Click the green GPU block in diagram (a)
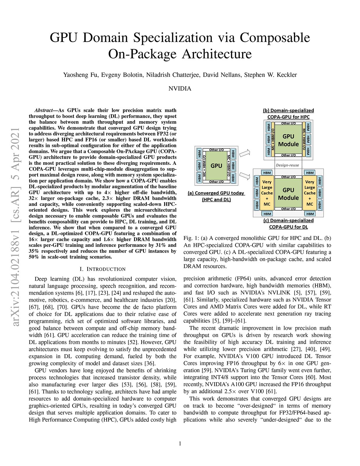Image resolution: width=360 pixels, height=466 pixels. tap(216, 166)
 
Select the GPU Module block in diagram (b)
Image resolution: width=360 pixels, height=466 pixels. tap(288, 140)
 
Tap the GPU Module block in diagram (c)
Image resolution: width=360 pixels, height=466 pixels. tap(288, 194)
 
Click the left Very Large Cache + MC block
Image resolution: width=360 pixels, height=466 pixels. tap(267, 193)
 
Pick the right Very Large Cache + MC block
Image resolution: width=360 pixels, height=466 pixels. tap(310, 193)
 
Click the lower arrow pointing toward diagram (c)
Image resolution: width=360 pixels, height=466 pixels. tap(247, 176)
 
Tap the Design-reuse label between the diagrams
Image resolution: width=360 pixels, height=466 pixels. tap(287, 165)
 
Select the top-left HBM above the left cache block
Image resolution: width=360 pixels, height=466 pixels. tap(267, 173)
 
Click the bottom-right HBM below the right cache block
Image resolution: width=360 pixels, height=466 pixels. tap(310, 214)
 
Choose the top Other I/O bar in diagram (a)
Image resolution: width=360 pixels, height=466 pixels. tap(216, 150)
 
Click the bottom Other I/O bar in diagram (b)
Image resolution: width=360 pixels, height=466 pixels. tap(288, 155)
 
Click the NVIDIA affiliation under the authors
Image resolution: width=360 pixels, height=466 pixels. tap(180, 89)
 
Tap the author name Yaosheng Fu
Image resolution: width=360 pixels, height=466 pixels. tap(81, 75)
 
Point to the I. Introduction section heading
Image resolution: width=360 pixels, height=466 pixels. tap(103, 269)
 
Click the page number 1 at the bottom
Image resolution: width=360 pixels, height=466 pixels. tap(180, 444)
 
